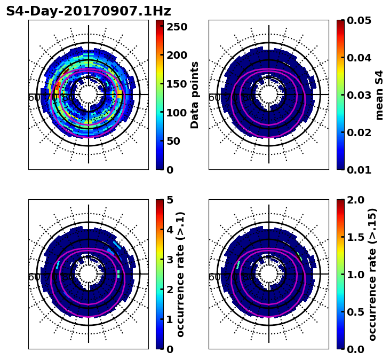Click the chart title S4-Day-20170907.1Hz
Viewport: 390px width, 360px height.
click(89, 11)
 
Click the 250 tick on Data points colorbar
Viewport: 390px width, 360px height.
click(177, 26)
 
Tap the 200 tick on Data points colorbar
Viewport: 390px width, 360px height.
click(177, 55)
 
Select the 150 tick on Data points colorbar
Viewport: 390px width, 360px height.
click(177, 84)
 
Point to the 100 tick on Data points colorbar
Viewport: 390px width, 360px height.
click(177, 113)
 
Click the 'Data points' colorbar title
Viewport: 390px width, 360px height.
click(195, 95)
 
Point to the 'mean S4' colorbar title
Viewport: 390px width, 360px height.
click(379, 95)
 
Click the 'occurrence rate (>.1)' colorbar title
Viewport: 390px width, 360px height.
click(180, 274)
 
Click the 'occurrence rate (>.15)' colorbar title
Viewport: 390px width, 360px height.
click(372, 274)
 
